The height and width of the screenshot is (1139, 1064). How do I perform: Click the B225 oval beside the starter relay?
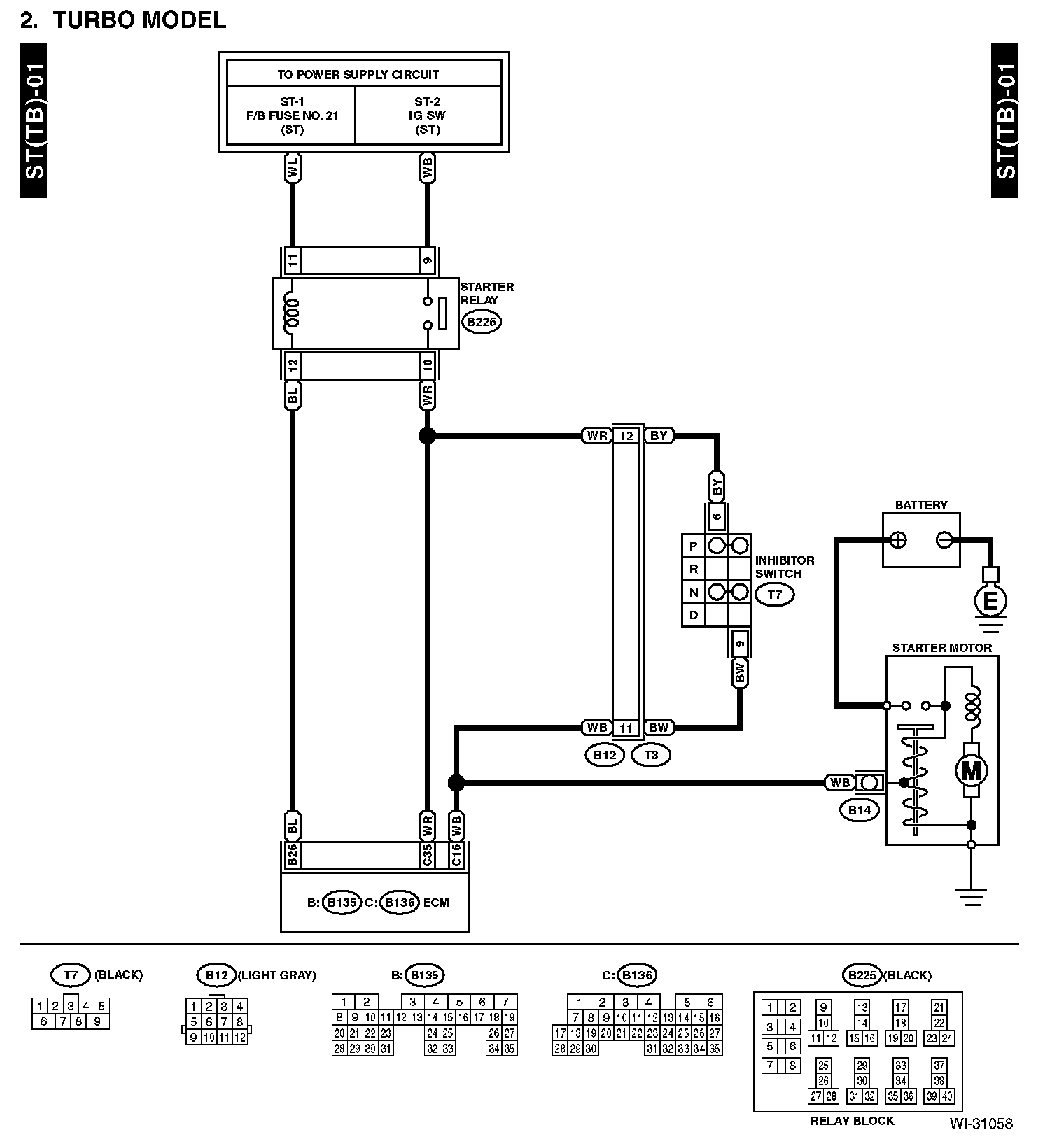pyautogui.click(x=482, y=322)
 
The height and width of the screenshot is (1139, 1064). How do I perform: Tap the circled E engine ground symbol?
pyautogui.click(x=990, y=600)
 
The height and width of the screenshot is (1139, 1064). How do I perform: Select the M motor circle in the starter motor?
pyautogui.click(x=971, y=770)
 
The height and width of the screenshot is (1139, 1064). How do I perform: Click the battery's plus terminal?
pyautogui.click(x=898, y=539)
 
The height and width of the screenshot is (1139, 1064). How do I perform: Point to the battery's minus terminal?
pyautogui.click(x=944, y=539)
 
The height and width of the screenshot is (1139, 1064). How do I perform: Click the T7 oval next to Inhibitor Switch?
pyautogui.click(x=775, y=595)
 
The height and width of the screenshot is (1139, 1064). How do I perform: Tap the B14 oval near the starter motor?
pyautogui.click(x=859, y=810)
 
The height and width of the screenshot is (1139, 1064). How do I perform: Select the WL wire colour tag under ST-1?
pyautogui.click(x=293, y=169)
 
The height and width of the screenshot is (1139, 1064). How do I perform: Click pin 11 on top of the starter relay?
pyautogui.click(x=293, y=261)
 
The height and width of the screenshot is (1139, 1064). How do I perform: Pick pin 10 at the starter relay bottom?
pyautogui.click(x=427, y=365)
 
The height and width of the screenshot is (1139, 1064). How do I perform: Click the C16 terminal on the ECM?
pyautogui.click(x=456, y=856)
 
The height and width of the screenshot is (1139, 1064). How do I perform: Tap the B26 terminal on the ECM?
pyautogui.click(x=293, y=856)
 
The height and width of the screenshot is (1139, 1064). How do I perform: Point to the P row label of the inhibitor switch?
pyautogui.click(x=694, y=546)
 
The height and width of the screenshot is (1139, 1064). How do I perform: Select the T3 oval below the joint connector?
pyautogui.click(x=651, y=755)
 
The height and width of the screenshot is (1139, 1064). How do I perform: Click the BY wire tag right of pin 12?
pyautogui.click(x=659, y=436)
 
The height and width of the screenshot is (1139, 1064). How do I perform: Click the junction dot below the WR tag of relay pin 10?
pyautogui.click(x=427, y=436)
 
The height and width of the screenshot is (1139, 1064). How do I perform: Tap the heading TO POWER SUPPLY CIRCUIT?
pyautogui.click(x=358, y=74)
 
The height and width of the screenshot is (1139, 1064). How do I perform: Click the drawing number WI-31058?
pyautogui.click(x=981, y=1124)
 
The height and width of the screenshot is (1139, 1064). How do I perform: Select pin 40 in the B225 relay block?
pyautogui.click(x=946, y=1096)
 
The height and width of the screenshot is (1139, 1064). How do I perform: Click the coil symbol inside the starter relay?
pyautogui.click(x=292, y=313)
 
